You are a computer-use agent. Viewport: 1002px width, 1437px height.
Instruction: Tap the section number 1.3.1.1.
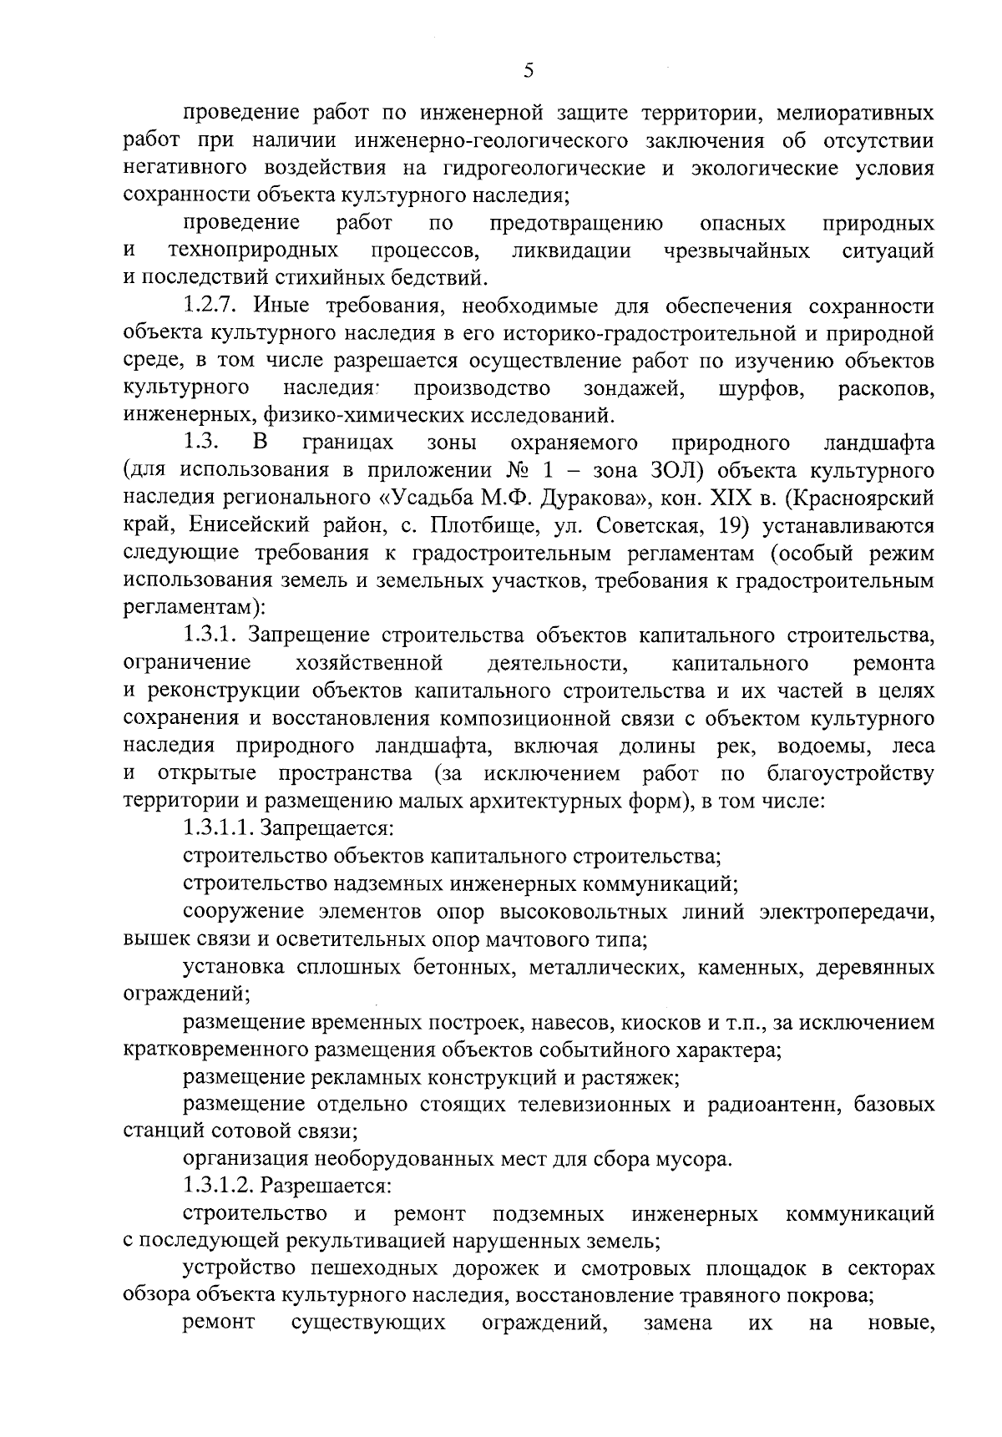pyautogui.click(x=217, y=828)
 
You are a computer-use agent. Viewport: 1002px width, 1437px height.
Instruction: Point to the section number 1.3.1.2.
pyautogui.click(x=217, y=1186)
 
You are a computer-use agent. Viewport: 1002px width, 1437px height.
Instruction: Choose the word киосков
pyautogui.click(x=651, y=1022)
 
